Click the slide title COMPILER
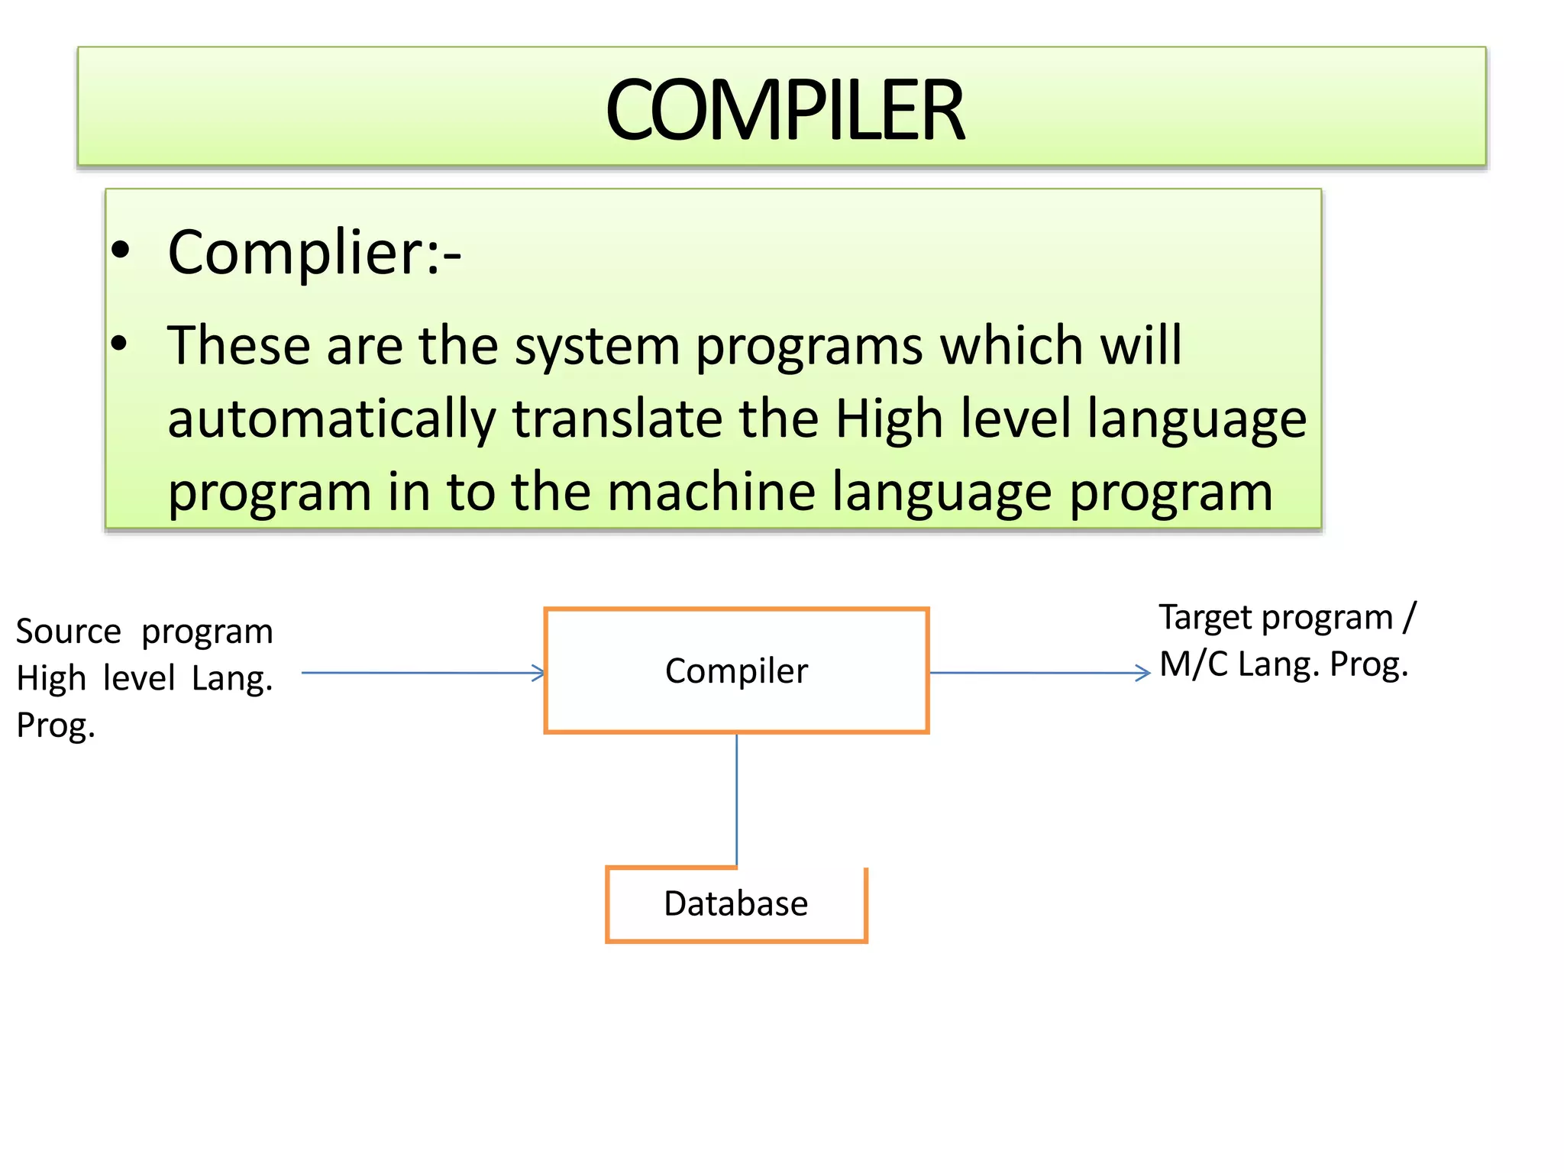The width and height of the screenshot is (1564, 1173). [784, 111]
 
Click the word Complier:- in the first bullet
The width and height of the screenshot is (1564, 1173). [314, 253]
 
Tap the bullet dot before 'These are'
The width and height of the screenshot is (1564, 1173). [119, 343]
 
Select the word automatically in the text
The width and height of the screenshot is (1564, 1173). [331, 419]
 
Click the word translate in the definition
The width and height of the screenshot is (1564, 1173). [616, 419]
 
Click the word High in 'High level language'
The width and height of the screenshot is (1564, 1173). [888, 419]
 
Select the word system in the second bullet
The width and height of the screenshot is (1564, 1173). [596, 346]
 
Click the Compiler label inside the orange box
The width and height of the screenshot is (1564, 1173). [736, 671]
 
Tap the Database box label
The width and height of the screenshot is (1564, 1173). [735, 903]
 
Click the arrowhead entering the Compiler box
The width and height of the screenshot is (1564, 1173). [539, 673]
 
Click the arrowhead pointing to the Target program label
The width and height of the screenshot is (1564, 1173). [1143, 673]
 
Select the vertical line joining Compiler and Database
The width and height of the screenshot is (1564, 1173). [736, 799]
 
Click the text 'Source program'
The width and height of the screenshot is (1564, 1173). [144, 632]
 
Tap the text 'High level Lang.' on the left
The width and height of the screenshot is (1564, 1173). [144, 678]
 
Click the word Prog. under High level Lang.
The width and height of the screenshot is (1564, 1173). [56, 725]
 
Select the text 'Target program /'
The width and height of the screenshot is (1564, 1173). [1287, 617]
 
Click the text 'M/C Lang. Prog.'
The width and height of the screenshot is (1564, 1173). [1283, 664]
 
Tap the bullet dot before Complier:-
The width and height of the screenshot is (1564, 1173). [120, 250]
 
